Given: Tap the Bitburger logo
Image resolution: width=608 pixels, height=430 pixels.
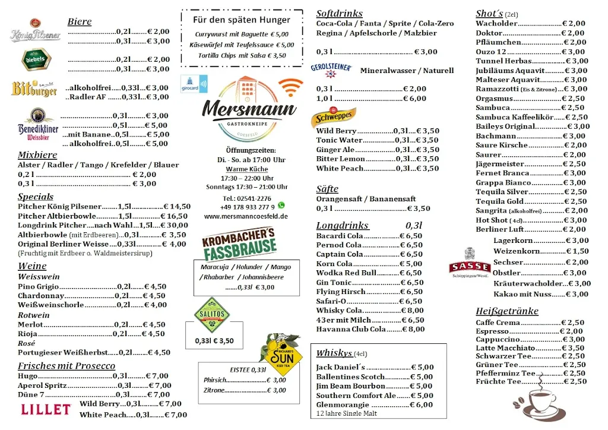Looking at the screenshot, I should point(34,88).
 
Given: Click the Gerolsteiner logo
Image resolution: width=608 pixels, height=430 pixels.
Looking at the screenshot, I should point(331,68).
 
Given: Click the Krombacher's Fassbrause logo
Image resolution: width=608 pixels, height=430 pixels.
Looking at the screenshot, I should point(239,244).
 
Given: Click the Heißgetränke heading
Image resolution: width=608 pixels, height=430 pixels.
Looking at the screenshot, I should point(506,311).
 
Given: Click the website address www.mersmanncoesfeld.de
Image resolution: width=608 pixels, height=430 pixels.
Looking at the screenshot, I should point(246,217).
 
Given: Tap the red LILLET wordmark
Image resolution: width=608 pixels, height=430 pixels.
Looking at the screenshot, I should point(46,409).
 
